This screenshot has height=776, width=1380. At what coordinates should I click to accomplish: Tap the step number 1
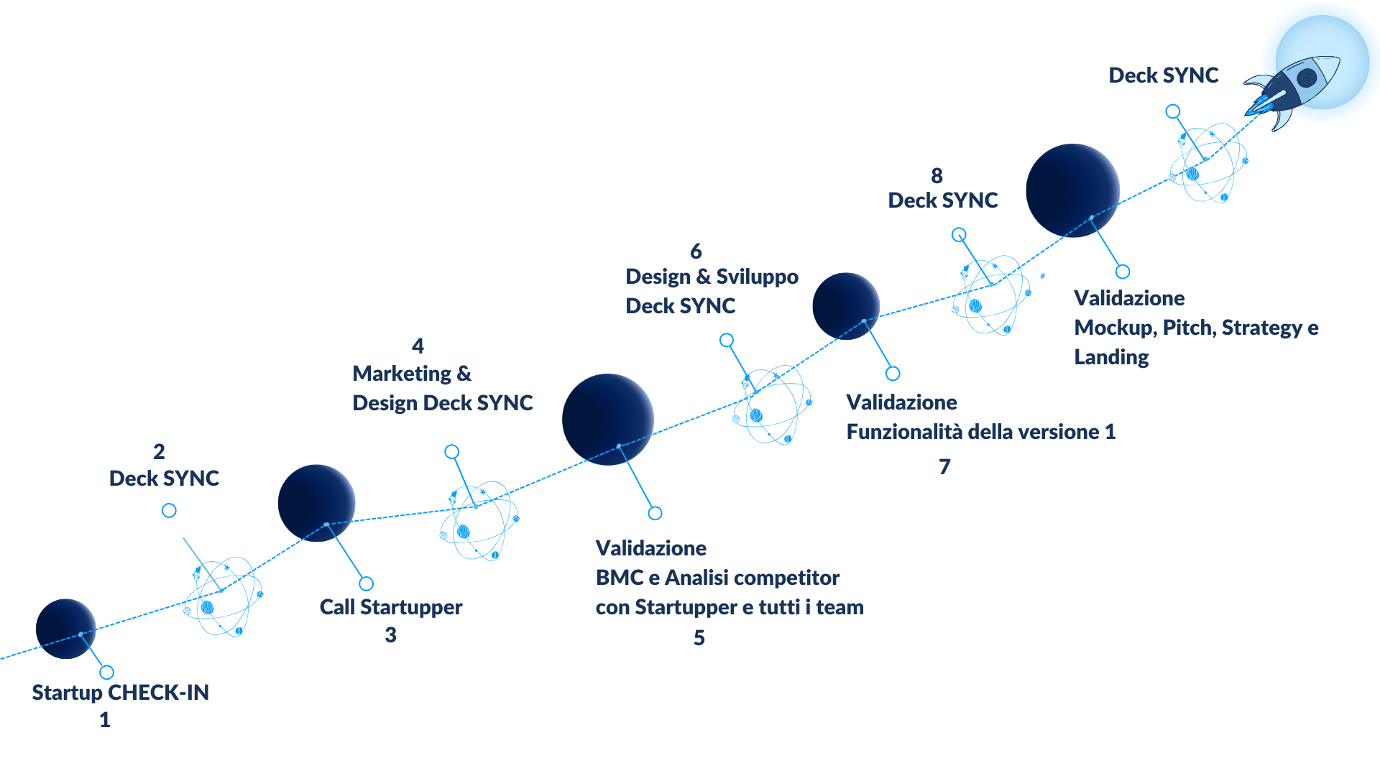tap(105, 720)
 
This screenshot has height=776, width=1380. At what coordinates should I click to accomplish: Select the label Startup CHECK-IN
tap(121, 693)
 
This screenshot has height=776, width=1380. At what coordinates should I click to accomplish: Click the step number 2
tap(159, 452)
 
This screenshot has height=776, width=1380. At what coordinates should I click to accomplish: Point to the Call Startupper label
tap(391, 608)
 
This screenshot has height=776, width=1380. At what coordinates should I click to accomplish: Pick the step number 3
tap(390, 635)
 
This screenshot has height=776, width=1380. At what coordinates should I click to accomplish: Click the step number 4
tap(418, 346)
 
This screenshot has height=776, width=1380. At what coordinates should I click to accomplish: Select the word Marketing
tap(402, 374)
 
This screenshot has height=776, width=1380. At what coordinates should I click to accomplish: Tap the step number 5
tap(699, 638)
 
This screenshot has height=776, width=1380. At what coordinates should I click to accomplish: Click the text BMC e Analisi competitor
tap(717, 578)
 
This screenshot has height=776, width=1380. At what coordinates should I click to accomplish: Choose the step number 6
tap(696, 251)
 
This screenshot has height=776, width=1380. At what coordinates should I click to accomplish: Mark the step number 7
tap(944, 467)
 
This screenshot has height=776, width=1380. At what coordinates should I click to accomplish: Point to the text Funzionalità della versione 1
tap(981, 432)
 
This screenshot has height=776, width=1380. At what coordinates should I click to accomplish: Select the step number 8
tap(937, 176)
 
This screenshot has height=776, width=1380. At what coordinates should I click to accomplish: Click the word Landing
tap(1111, 358)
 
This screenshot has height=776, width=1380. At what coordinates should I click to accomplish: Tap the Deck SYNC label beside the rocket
tap(1164, 75)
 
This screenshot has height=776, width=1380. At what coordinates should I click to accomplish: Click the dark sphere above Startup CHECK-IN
tap(65, 629)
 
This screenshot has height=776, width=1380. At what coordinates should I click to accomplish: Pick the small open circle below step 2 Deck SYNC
tap(169, 510)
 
